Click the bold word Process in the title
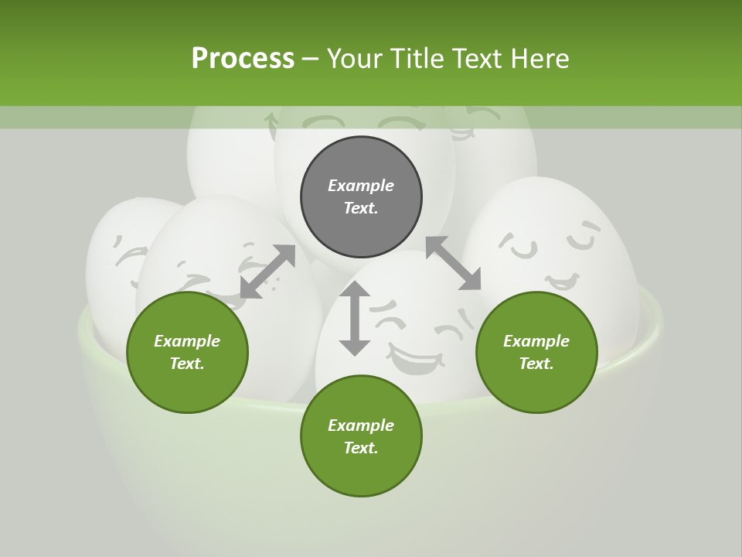pos(243,58)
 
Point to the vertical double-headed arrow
pos(355,318)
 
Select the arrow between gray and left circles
pos(267,272)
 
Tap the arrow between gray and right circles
pos(453,264)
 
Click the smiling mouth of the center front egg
pos(416,361)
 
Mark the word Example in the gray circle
pos(361,186)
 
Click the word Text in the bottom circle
pos(361,448)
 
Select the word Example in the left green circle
pos(187,341)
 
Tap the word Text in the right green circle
pos(536,364)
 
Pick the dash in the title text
pos(310,59)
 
